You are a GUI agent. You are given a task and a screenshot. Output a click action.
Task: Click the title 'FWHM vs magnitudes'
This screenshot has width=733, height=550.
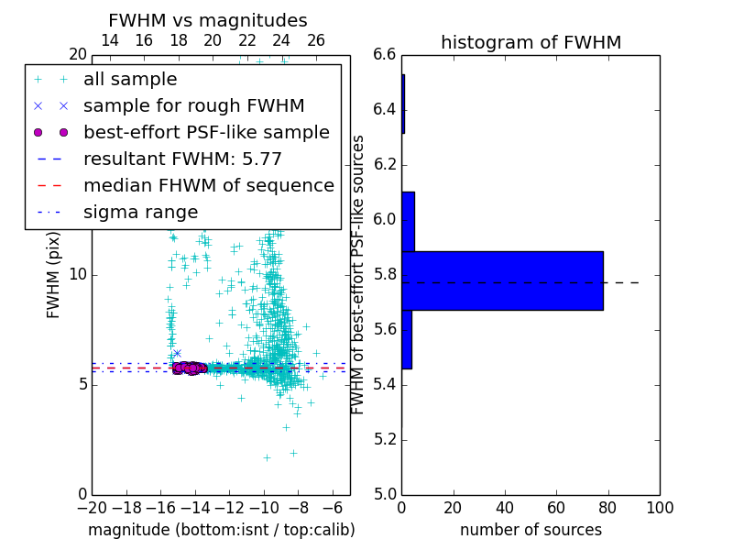(x=207, y=20)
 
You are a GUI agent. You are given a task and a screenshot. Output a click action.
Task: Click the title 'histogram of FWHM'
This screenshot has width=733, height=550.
(x=531, y=42)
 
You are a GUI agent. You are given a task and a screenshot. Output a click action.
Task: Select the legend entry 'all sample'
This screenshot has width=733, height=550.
(x=130, y=80)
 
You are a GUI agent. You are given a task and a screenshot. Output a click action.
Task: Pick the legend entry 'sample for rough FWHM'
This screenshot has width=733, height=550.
(x=193, y=106)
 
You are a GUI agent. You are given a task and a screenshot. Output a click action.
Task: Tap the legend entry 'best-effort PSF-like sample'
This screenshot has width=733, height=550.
(x=206, y=133)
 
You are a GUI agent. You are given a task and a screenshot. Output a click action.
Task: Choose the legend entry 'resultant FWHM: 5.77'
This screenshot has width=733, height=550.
(x=182, y=159)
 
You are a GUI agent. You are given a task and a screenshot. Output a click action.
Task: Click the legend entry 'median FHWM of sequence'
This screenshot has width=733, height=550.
(x=208, y=185)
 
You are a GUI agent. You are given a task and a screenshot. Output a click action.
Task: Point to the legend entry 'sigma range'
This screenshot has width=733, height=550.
(x=140, y=212)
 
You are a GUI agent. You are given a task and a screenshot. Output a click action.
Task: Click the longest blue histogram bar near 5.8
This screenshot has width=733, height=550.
(x=502, y=280)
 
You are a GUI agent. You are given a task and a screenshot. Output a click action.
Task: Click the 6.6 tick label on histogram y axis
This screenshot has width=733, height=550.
(x=385, y=55)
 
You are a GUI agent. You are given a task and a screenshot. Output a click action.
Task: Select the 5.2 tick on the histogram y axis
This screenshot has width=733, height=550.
(x=385, y=439)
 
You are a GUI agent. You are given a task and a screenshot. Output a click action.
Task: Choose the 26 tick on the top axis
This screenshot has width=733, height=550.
(x=316, y=40)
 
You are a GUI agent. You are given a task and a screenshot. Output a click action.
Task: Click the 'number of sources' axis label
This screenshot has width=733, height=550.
(x=531, y=530)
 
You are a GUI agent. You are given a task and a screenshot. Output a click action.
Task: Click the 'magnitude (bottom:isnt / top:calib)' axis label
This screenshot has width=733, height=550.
(x=221, y=530)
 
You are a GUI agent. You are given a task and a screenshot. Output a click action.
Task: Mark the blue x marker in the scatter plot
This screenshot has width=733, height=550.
(x=177, y=353)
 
